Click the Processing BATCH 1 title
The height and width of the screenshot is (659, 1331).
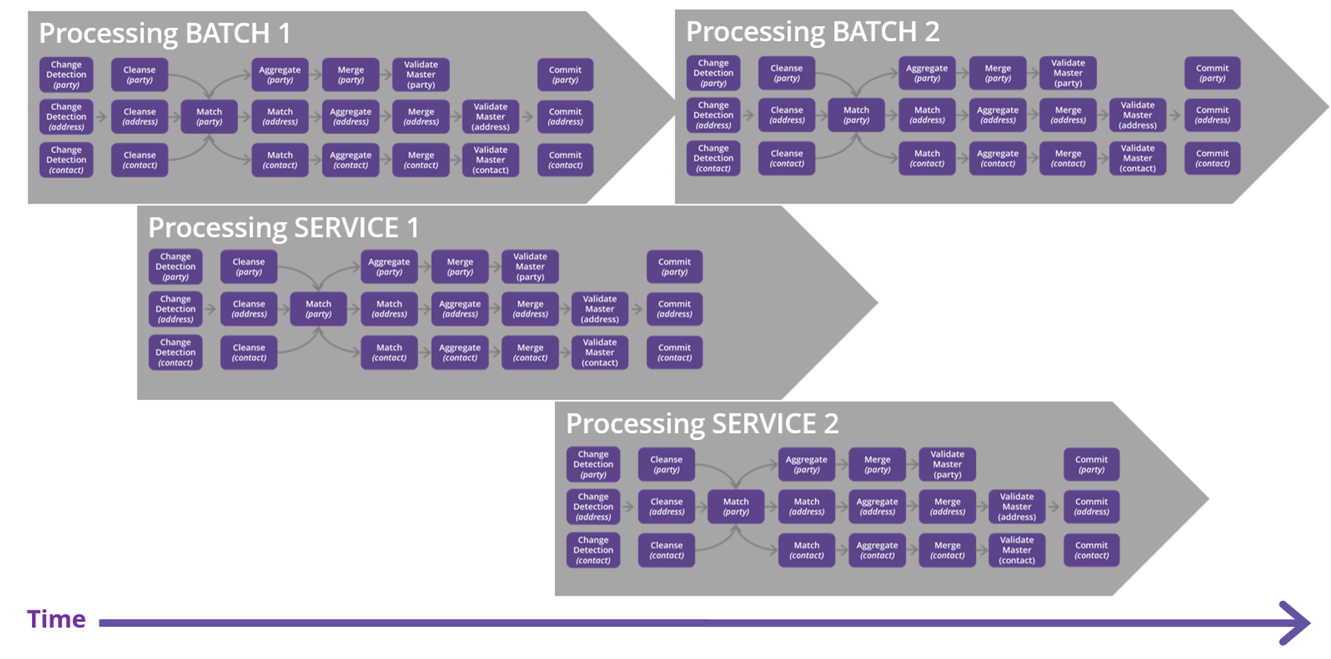pyautogui.click(x=164, y=33)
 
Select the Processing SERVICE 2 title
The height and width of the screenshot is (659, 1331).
pyautogui.click(x=701, y=424)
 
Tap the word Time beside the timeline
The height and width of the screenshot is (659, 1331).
pyautogui.click(x=56, y=620)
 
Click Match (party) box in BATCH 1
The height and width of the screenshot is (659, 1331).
pyautogui.click(x=209, y=117)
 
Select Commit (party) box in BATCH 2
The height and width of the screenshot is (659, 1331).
pyautogui.click(x=1212, y=73)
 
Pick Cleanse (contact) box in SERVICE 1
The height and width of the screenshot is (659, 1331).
pyautogui.click(x=249, y=353)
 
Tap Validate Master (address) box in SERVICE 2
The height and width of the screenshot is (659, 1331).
pyautogui.click(x=1017, y=507)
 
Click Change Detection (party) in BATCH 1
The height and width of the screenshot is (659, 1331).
pyautogui.click(x=67, y=75)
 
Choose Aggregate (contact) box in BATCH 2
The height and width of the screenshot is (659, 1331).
pyautogui.click(x=998, y=158)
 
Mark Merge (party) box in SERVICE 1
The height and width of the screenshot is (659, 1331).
pyautogui.click(x=460, y=267)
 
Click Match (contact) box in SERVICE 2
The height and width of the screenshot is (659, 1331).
pyautogui.click(x=807, y=550)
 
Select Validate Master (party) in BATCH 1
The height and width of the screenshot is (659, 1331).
pyautogui.click(x=421, y=75)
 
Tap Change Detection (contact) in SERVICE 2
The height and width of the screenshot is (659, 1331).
pyautogui.click(x=593, y=550)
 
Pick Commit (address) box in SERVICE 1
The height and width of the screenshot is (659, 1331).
pyautogui.click(x=674, y=309)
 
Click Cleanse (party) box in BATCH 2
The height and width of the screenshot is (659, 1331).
pyautogui.click(x=787, y=73)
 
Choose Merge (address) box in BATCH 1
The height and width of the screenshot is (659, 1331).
pyautogui.click(x=421, y=117)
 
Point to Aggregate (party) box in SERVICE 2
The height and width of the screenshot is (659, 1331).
pyautogui.click(x=807, y=465)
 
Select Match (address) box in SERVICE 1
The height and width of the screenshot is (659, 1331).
pyautogui.click(x=389, y=309)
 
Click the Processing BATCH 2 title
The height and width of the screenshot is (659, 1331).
pyautogui.click(x=812, y=32)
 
